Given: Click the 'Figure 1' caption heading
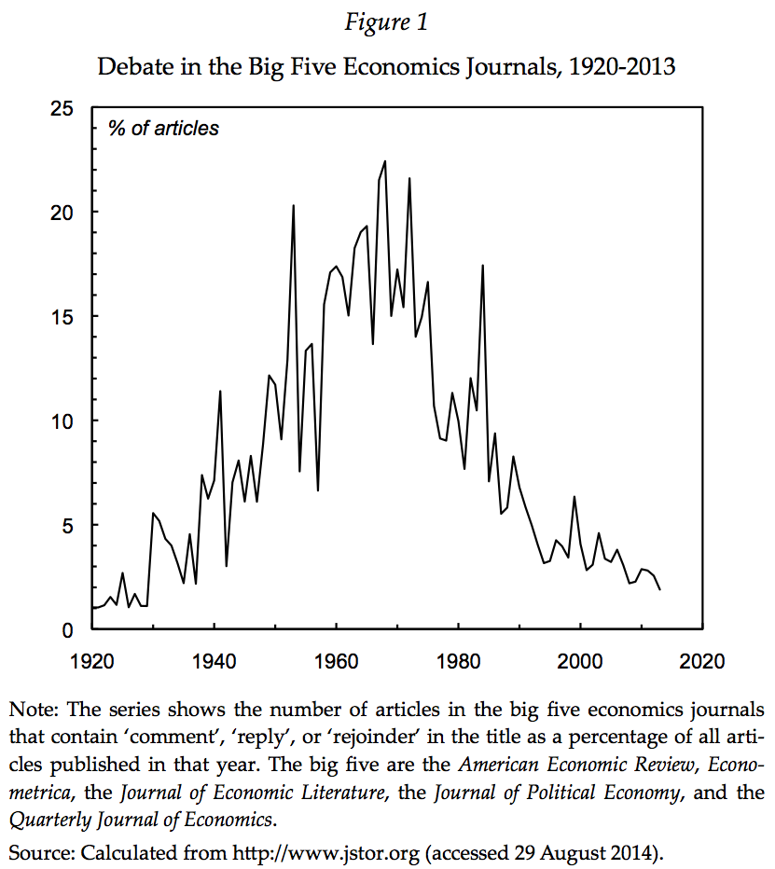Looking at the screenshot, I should [386, 22].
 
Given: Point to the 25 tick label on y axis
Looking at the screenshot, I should [62, 108].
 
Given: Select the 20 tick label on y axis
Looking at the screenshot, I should [62, 213].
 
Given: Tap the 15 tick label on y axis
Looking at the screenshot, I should [62, 317].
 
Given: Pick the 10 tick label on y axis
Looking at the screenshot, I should [62, 421].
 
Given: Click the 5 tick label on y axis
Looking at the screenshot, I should [67, 526].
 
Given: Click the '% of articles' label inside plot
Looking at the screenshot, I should [163, 129].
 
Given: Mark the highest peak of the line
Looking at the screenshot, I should [384, 161].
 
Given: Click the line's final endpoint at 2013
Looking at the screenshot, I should [660, 589].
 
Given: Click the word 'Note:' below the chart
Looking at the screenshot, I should [35, 706].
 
